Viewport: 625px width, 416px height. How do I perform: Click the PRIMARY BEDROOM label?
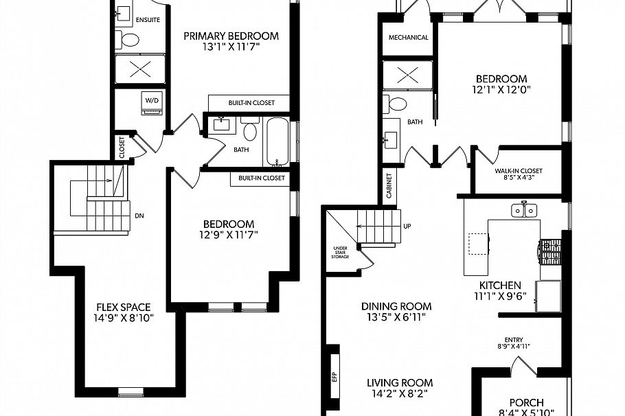(231, 36)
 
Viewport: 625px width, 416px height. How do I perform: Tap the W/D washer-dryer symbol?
(150, 102)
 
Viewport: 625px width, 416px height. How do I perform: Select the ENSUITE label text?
(148, 19)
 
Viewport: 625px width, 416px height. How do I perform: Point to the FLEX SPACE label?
(124, 307)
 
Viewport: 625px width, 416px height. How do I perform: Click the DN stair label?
(139, 216)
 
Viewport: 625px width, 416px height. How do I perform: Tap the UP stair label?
(407, 225)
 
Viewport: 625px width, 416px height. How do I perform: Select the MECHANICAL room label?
(408, 38)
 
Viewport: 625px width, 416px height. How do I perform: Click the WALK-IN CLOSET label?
(519, 171)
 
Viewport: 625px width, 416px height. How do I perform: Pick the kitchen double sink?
(523, 210)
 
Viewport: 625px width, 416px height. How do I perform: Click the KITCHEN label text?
(500, 285)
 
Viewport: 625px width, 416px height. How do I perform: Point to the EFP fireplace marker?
(335, 375)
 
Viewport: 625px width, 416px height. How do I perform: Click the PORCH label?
(527, 402)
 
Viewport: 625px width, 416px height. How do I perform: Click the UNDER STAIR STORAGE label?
(340, 253)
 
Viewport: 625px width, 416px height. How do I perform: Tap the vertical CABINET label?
(389, 185)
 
